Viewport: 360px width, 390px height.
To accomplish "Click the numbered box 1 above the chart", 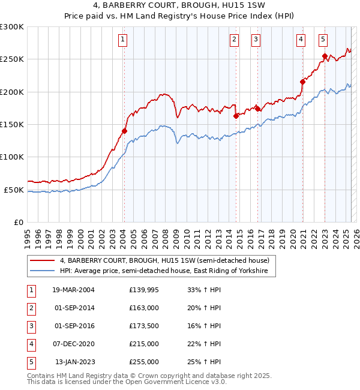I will (122, 40).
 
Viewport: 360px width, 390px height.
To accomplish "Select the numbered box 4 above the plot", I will (301, 40).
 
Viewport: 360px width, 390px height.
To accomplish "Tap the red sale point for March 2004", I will (124, 131).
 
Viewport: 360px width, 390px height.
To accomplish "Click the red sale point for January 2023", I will (325, 56).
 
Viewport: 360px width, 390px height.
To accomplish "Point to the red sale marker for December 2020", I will (302, 82).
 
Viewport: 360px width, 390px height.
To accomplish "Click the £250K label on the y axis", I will (12, 59).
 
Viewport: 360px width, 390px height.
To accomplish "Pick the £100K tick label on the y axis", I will (12, 157).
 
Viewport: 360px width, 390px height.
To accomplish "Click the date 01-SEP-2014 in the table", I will (71, 308).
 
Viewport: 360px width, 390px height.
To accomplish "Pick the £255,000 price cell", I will (144, 362).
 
